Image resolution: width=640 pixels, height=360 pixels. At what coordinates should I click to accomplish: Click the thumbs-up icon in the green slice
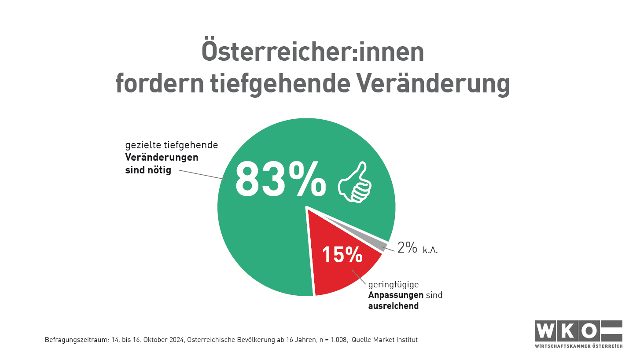point(354,183)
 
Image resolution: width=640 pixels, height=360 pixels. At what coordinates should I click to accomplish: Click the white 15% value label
point(342,255)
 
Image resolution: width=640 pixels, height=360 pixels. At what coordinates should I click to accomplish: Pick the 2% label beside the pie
point(407,248)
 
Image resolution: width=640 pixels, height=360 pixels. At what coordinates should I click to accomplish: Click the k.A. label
point(430,250)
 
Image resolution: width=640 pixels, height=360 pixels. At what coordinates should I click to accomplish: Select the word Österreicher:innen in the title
point(313,52)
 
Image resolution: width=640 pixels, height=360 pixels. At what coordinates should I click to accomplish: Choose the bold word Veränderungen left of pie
point(162,157)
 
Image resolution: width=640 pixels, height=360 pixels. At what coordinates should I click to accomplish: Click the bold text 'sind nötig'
point(148,169)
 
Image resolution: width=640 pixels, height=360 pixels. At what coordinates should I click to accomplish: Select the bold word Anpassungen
point(396,295)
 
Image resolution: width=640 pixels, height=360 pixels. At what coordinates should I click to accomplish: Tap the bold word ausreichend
point(393,305)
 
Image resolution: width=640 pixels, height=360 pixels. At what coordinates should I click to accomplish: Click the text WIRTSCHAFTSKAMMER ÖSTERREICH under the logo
point(578,346)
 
